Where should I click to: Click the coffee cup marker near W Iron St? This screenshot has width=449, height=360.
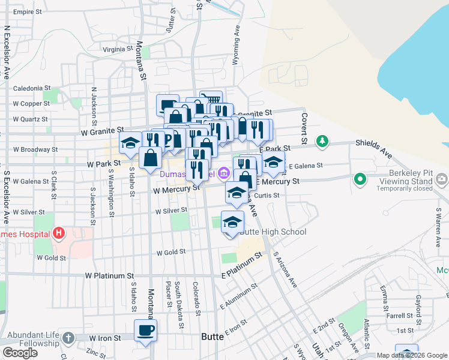click(x=146, y=330)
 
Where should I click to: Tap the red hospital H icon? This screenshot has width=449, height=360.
click(x=59, y=233)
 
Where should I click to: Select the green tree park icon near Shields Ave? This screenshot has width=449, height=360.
click(x=323, y=141)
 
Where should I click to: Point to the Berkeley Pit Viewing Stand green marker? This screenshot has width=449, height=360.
click(x=360, y=178)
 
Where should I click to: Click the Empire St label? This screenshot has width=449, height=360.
click(x=29, y=12)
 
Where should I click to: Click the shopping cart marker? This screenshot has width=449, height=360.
click(x=211, y=100)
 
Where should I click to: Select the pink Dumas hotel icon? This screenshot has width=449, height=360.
click(x=223, y=174)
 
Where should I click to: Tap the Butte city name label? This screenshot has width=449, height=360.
click(x=212, y=337)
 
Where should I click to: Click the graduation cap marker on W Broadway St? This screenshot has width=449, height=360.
click(x=130, y=143)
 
